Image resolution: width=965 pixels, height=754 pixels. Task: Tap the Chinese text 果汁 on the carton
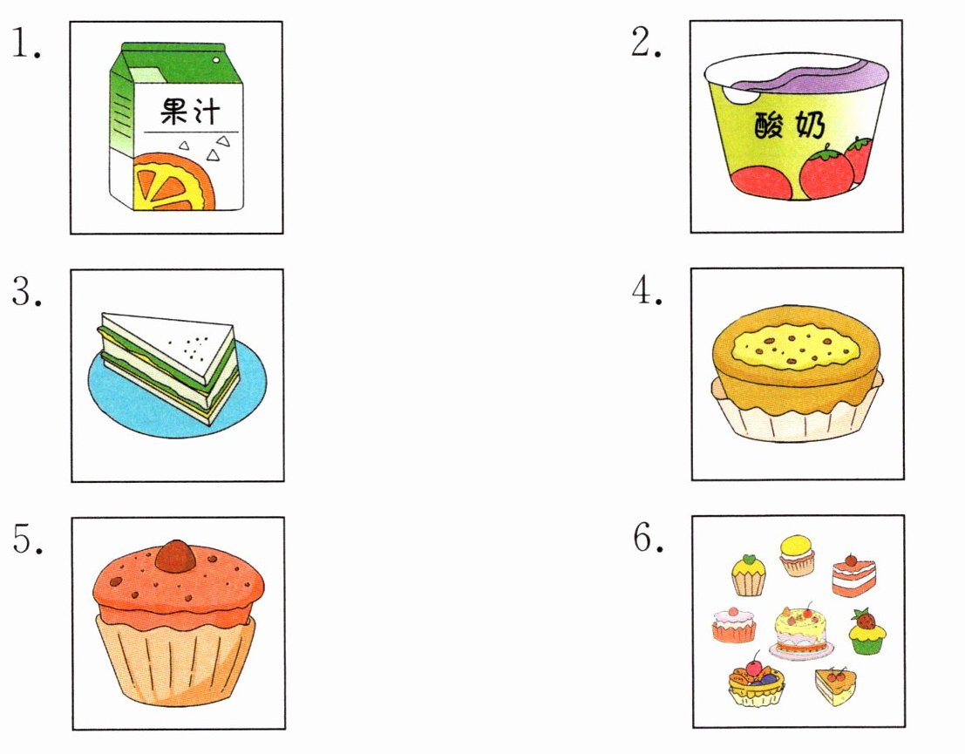pos(190,112)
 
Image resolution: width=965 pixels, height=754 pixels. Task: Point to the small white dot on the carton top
pos(216,60)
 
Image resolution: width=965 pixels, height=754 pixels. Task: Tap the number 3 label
pos(27,291)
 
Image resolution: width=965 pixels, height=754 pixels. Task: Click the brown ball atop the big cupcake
pos(176,555)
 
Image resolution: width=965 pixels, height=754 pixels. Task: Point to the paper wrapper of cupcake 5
pos(175,660)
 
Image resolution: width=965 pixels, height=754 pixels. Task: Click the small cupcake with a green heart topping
pos(748,575)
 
